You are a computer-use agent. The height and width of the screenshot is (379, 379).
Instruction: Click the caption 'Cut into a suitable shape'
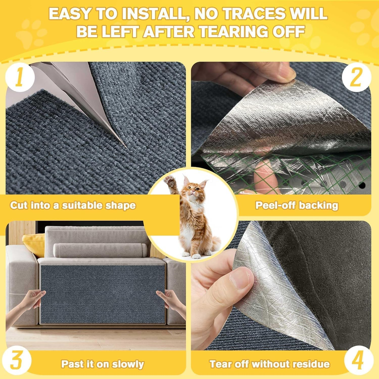73,205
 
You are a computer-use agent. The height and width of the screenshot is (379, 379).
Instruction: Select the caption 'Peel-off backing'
297,205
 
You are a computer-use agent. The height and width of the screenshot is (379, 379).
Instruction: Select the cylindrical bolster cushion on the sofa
100,250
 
